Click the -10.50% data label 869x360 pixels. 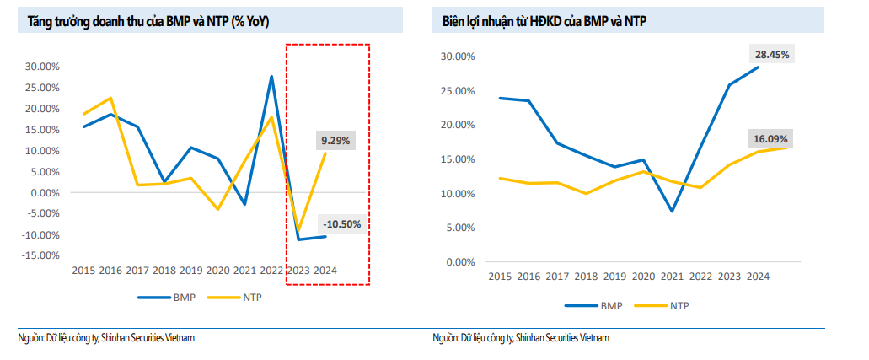click(341, 224)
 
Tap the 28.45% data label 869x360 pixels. click(771, 55)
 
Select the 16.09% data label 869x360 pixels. click(771, 138)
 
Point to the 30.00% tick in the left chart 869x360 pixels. click(43, 67)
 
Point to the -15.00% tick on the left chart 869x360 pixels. click(41, 255)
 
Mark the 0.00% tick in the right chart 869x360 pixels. click(461, 262)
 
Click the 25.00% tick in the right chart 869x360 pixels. click(459, 91)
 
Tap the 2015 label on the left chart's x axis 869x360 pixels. click(83, 271)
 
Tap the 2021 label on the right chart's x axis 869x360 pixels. click(671, 277)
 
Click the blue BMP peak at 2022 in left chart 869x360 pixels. click(271, 77)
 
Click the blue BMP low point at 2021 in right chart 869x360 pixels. click(672, 211)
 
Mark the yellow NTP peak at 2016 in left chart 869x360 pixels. click(110, 98)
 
